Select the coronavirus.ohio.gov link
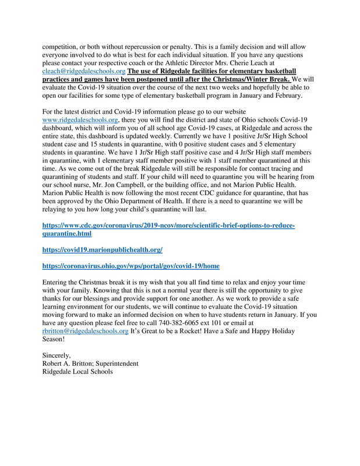click(130, 266)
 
